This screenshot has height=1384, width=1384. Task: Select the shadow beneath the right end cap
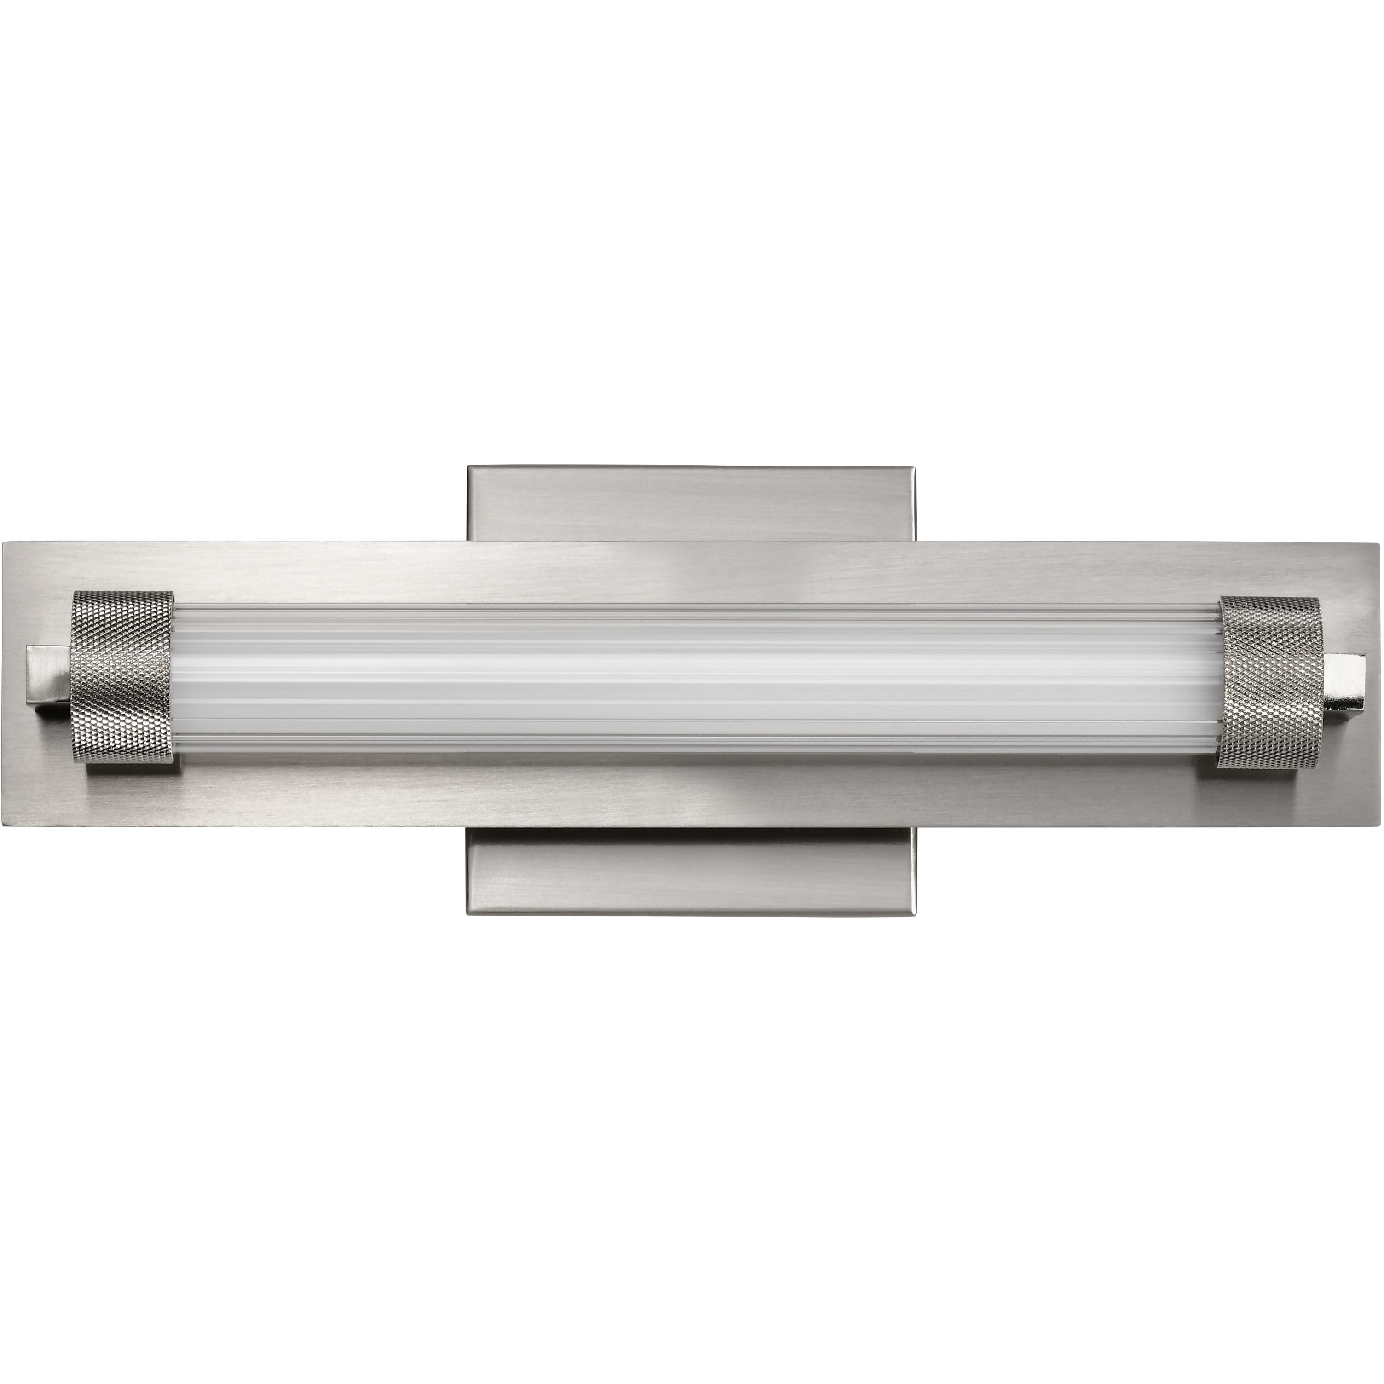tap(1261, 777)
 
